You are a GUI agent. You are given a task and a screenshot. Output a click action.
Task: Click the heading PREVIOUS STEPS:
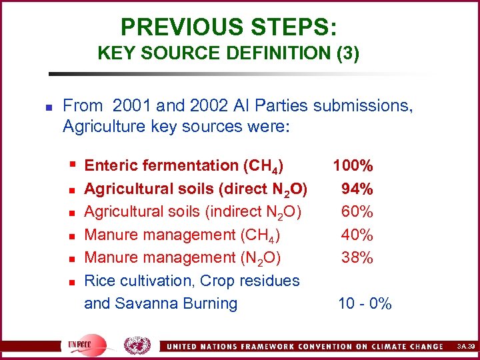229,27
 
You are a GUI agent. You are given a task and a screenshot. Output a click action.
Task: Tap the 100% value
353,165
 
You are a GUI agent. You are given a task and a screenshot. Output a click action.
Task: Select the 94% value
357,189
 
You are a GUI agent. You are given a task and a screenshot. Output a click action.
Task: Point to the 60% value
357,212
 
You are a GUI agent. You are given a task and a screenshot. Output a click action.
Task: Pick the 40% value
357,235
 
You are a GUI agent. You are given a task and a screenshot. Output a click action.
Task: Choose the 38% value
357,257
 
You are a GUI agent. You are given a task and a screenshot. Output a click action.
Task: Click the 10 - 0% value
365,304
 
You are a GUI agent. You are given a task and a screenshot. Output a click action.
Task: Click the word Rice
99,281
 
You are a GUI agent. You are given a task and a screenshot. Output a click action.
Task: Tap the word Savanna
142,304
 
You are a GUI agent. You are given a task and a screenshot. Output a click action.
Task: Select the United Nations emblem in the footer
138,345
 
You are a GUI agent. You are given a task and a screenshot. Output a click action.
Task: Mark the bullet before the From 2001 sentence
40,107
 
